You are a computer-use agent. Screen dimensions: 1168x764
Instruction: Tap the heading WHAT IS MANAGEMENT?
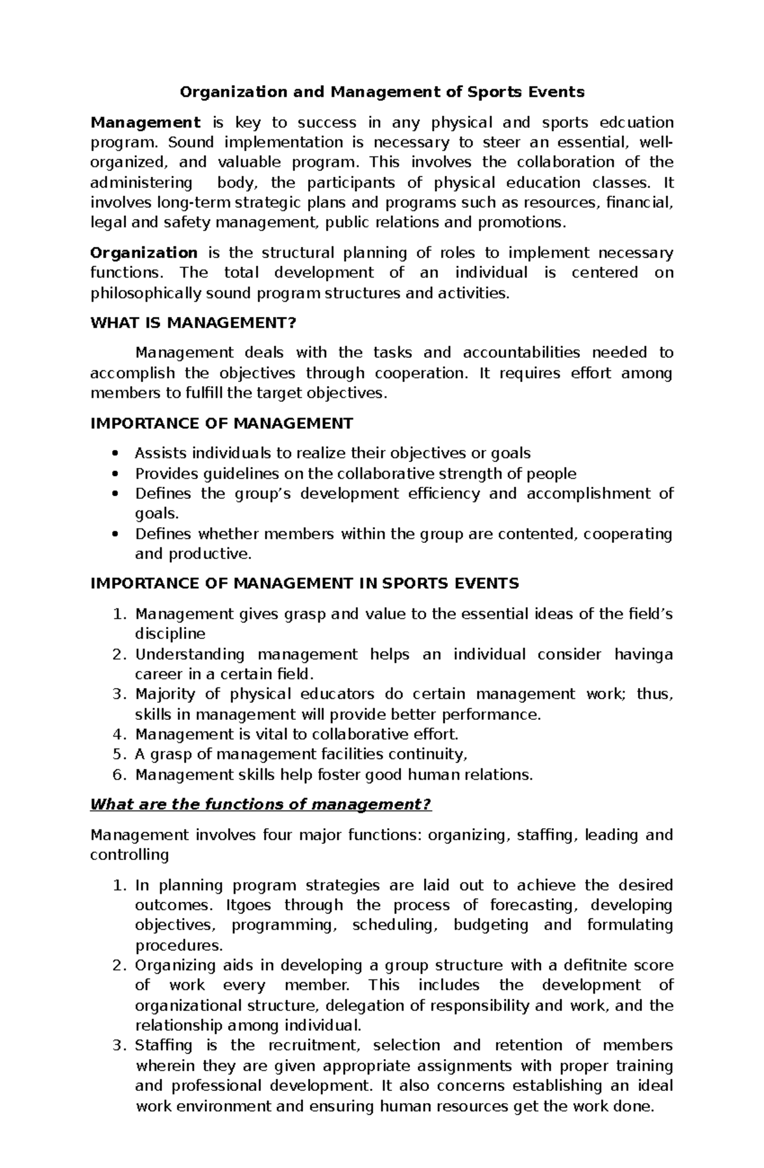tap(194, 323)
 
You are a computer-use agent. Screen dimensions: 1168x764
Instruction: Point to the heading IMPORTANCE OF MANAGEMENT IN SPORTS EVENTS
tap(305, 583)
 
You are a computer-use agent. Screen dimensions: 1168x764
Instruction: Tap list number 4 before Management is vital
tap(117, 735)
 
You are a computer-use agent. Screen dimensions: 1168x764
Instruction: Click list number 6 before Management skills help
tap(117, 775)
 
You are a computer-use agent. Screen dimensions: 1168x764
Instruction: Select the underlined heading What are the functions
tap(261, 805)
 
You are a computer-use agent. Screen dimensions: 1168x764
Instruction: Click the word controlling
tap(130, 854)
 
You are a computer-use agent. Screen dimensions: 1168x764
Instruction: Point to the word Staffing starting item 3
tap(164, 1045)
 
